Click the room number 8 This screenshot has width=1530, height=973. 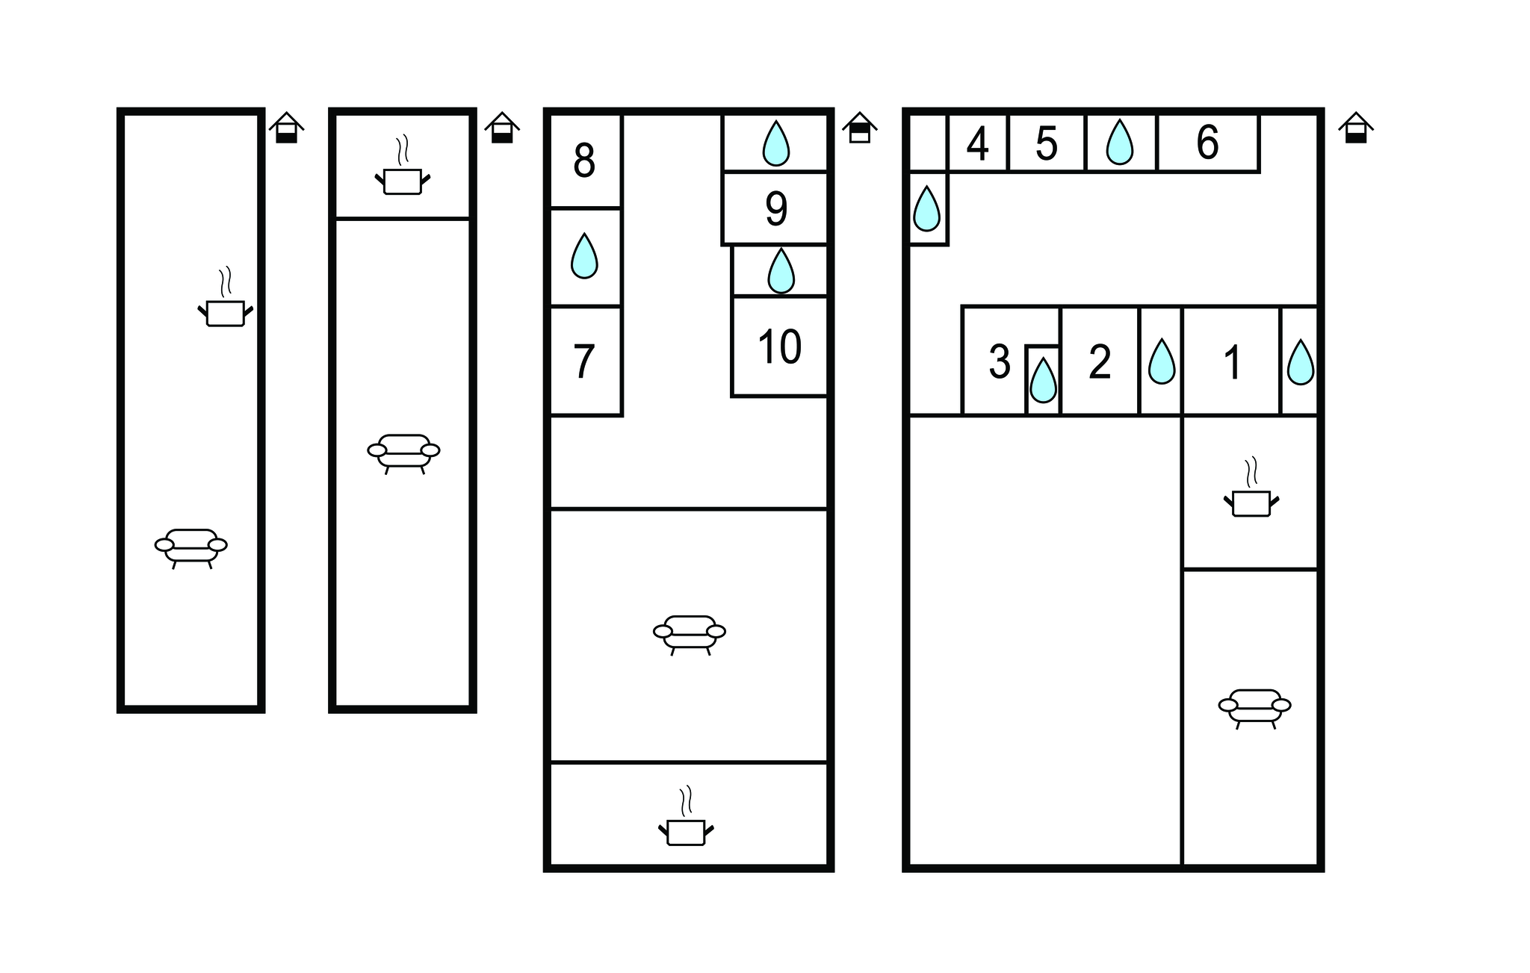pos(584,160)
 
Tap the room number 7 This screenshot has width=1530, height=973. pos(583,361)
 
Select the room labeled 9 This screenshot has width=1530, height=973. pos(776,209)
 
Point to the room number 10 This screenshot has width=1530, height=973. pos(779,346)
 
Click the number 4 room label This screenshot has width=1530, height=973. pos(977,143)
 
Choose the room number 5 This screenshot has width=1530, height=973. pos(1047,143)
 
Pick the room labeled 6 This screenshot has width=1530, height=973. pos(1207,142)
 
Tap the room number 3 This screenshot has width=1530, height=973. pos(999,362)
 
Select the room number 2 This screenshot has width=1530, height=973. pos(1100,362)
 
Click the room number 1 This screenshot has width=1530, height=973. pos(1233,363)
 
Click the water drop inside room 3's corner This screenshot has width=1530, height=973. pos(1043,380)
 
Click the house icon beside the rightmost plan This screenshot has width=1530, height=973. pos(1355,128)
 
